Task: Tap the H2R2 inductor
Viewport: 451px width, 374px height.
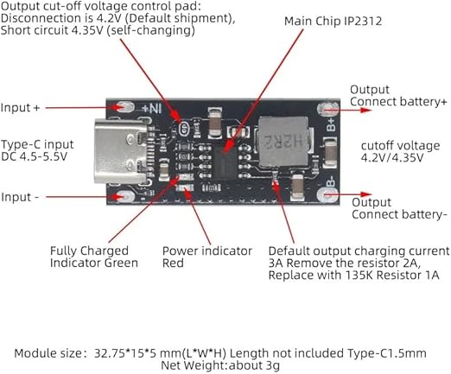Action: [x=283, y=142]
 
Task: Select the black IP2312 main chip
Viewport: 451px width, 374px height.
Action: [x=225, y=162]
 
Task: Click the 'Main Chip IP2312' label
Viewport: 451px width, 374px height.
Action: [x=333, y=22]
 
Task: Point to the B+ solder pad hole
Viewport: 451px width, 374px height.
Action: [x=328, y=110]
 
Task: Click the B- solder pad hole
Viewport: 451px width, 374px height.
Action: [x=327, y=195]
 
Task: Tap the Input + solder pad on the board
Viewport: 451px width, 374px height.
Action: [x=124, y=107]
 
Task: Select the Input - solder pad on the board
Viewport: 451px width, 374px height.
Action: [x=125, y=197]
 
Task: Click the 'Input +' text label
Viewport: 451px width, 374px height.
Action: [x=20, y=108]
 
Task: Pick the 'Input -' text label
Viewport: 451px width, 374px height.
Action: [x=20, y=197]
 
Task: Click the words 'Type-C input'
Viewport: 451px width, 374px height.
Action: [x=37, y=144]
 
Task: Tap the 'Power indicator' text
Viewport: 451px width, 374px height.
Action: [x=207, y=251]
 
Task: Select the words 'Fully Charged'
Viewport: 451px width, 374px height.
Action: [x=89, y=251]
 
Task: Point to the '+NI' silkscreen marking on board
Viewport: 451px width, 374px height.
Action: [x=152, y=109]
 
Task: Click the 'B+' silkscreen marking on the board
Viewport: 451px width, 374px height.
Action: [x=331, y=124]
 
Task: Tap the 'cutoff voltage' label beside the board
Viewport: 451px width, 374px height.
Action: [x=400, y=146]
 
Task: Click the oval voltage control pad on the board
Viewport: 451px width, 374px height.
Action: [x=184, y=129]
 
